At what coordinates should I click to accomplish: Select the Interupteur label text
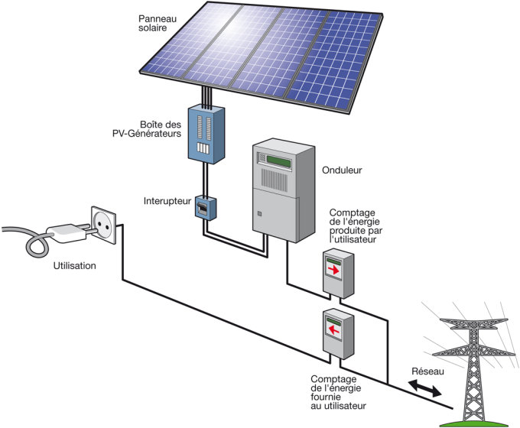(167, 202)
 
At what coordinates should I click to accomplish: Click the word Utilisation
(75, 266)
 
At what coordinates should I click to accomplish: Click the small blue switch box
(203, 207)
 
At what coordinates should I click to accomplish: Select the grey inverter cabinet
(283, 191)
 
